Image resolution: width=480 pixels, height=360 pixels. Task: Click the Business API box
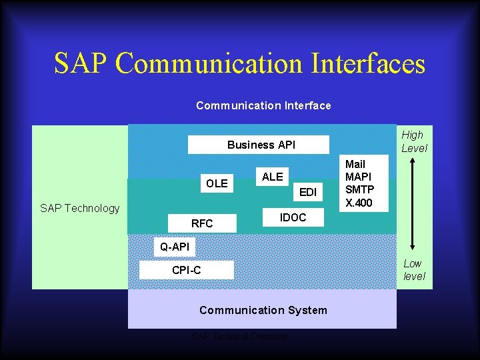(259, 145)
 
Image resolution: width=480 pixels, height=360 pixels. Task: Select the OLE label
(217, 183)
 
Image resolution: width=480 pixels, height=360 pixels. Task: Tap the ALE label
(272, 177)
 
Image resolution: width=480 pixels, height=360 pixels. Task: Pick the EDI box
(307, 193)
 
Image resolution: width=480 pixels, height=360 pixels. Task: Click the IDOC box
(293, 218)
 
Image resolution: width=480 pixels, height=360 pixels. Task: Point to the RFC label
(202, 223)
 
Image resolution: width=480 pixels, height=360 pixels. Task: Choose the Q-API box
(174, 247)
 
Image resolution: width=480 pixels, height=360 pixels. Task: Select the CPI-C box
(186, 270)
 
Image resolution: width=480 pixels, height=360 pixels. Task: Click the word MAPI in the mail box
(358, 177)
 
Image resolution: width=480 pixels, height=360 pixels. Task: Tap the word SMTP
(358, 189)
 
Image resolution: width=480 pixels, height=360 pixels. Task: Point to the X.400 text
(359, 202)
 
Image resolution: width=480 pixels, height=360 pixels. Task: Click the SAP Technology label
(79, 208)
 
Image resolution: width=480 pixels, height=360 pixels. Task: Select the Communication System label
(263, 310)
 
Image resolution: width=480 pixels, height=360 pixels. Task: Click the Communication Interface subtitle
(263, 105)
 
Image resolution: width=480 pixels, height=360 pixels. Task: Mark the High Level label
(413, 141)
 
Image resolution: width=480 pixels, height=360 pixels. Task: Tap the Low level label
(413, 270)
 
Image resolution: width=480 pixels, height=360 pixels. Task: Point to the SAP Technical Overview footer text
(240, 337)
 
